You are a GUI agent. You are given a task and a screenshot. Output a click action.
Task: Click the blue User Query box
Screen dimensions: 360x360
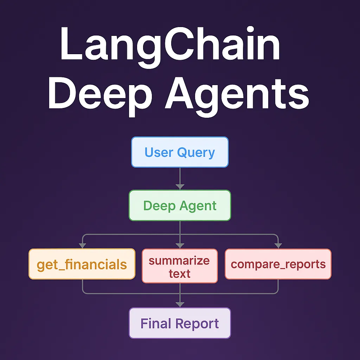click(180, 152)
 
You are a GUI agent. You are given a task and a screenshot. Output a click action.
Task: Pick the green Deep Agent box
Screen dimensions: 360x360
click(180, 206)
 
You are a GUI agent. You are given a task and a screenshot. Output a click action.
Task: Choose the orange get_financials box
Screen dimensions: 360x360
click(82, 264)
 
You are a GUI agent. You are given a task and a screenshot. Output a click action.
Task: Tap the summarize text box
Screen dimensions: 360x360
click(180, 266)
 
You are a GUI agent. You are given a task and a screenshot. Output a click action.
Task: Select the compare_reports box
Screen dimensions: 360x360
click(278, 264)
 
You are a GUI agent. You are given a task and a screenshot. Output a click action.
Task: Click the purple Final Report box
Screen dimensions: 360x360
click(180, 323)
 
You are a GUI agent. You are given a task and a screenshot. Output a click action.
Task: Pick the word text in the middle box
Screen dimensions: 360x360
click(179, 274)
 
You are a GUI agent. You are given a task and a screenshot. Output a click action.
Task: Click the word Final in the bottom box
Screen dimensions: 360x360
click(156, 323)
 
